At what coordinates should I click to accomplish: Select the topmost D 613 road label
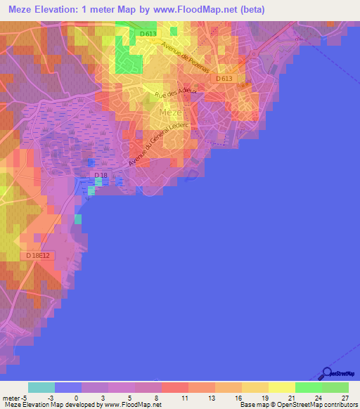pyautogui.click(x=148, y=34)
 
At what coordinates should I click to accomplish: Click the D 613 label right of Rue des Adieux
pyautogui.click(x=224, y=79)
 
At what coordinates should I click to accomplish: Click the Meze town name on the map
pyautogui.click(x=171, y=112)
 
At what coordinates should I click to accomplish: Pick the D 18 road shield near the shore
pyautogui.click(x=101, y=174)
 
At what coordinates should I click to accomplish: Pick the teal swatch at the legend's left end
pyautogui.click(x=41, y=387)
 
